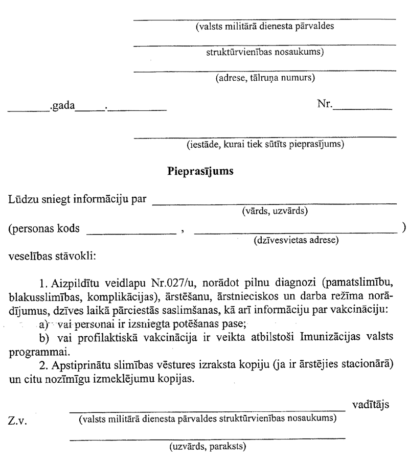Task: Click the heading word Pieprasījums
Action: (x=201, y=172)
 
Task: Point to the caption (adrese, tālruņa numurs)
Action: (x=265, y=78)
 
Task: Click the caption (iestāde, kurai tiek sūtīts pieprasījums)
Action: (x=265, y=144)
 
